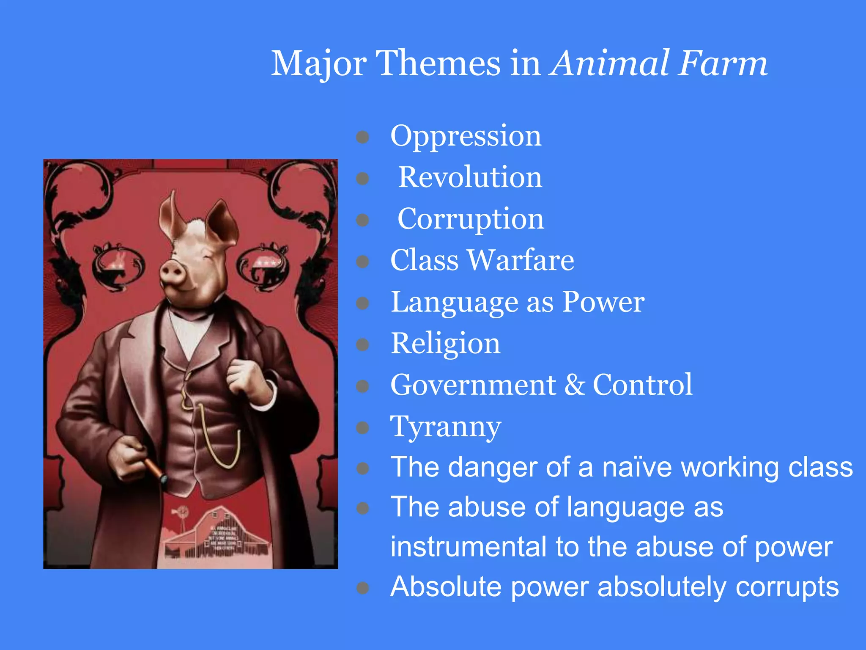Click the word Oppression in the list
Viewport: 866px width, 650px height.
click(466, 136)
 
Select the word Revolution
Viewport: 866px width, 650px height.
click(470, 177)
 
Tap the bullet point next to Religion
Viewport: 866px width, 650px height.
click(362, 344)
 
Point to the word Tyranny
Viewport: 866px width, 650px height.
click(445, 427)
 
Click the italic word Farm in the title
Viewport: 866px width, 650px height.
click(723, 63)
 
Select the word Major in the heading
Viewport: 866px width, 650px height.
click(319, 63)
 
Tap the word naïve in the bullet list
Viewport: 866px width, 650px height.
click(637, 467)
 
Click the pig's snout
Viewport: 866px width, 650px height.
click(173, 272)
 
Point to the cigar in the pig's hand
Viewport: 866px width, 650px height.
click(154, 470)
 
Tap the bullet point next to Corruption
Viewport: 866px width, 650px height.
click(362, 220)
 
